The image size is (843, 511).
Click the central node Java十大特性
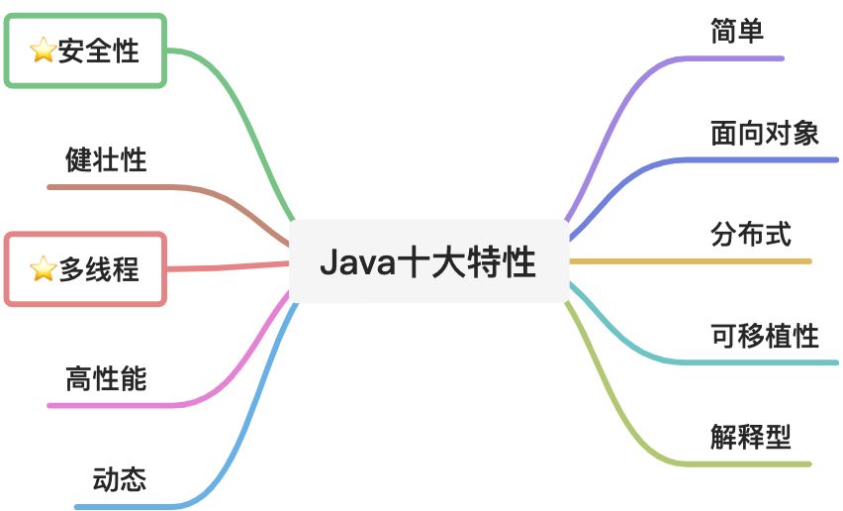(427, 263)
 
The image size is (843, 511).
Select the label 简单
(737, 30)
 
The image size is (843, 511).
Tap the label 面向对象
(764, 132)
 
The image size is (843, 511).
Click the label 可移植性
(764, 335)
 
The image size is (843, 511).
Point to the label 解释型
(751, 436)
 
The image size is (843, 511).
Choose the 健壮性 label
(106, 158)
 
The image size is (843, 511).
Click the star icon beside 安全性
(43, 51)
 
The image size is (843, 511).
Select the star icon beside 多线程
(43, 268)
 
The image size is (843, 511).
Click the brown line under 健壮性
(119, 186)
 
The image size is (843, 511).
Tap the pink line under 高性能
(119, 405)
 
